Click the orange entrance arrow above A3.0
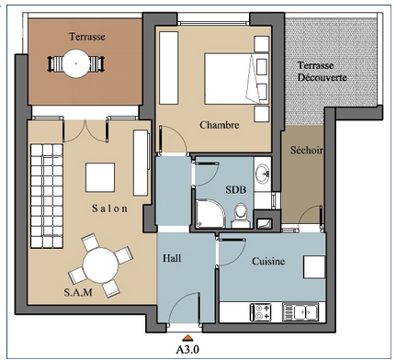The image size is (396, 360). coord(187,338)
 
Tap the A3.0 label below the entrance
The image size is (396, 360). coord(187,349)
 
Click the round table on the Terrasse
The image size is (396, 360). coord(76,63)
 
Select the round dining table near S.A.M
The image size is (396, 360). coord(100,265)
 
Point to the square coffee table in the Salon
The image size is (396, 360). coord(100,177)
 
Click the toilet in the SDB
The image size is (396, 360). coord(241,216)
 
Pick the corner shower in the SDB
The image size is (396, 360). coord(210,214)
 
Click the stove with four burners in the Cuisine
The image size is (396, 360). coord(261,312)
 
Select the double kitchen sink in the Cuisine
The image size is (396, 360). coord(300,312)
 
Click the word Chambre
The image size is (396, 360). coord(220,125)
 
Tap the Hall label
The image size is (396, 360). coord(172,258)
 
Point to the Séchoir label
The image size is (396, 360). coord(307,150)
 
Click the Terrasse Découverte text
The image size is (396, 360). coord(322,72)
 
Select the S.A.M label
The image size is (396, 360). coord(78,292)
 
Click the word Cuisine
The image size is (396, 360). coord(268,261)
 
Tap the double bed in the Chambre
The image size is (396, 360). coord(236,79)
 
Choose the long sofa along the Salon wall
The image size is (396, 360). coord(47,196)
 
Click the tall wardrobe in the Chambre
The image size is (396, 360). coord(169,68)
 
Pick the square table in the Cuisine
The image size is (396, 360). coord(314,266)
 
